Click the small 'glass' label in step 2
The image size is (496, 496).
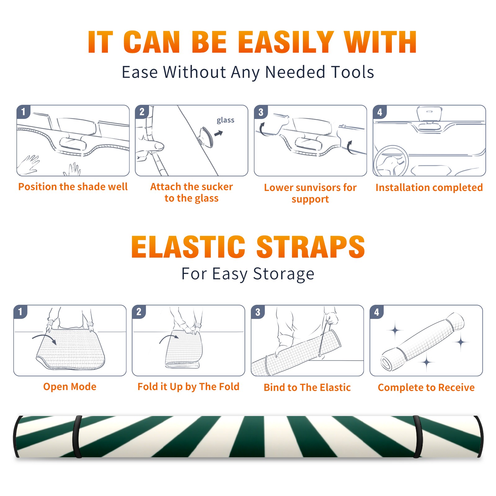point(225,120)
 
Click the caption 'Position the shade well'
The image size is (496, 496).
point(73,187)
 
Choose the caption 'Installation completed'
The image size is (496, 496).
point(429,187)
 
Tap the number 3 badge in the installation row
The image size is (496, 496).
point(261,112)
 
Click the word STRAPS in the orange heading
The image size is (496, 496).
point(311,247)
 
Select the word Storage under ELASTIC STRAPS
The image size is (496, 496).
point(284,274)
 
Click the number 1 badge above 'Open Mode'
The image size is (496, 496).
point(20,312)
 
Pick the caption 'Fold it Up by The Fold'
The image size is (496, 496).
point(188,387)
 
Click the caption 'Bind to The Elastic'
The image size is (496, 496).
point(307,387)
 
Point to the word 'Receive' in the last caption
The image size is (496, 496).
point(456,387)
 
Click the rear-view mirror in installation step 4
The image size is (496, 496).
point(429,114)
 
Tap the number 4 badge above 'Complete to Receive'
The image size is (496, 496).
point(377,312)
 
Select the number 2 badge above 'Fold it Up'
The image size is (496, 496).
point(139,312)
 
